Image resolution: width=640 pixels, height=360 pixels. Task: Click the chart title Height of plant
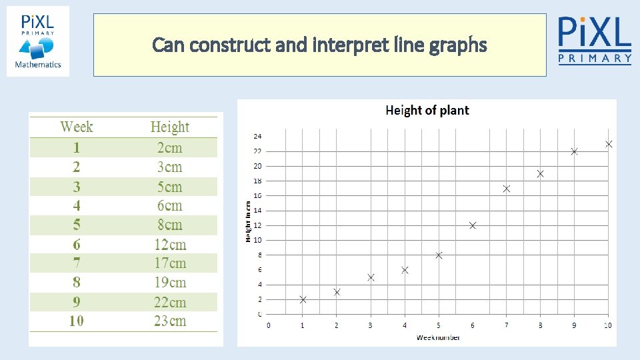coord(427,111)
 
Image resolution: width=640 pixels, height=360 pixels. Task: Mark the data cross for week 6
coord(473,225)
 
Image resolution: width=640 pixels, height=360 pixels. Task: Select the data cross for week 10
coord(609,144)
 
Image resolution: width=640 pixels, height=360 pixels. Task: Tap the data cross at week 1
coord(303,299)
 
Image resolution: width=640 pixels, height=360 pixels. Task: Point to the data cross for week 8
coord(541,173)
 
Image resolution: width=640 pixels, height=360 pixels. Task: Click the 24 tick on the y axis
coord(257,136)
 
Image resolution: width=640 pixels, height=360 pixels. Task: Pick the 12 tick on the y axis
coord(257,225)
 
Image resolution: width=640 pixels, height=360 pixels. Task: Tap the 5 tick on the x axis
coord(439,325)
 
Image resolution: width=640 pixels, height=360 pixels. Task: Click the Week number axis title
coord(438,337)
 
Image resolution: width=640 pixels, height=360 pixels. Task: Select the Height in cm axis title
coord(248,221)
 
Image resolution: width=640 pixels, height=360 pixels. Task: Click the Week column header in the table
coord(77,127)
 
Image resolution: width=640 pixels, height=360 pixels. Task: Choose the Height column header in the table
coord(169,127)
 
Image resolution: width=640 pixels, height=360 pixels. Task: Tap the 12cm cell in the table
coord(169,245)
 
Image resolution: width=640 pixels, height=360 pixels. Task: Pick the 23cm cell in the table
coord(169,321)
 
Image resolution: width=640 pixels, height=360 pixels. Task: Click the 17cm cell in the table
coord(169,263)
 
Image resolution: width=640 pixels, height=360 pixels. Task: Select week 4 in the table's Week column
coord(77,206)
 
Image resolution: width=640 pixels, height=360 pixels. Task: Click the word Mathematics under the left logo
coord(38,65)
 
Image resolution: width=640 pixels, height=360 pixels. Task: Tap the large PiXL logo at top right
coord(594,39)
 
